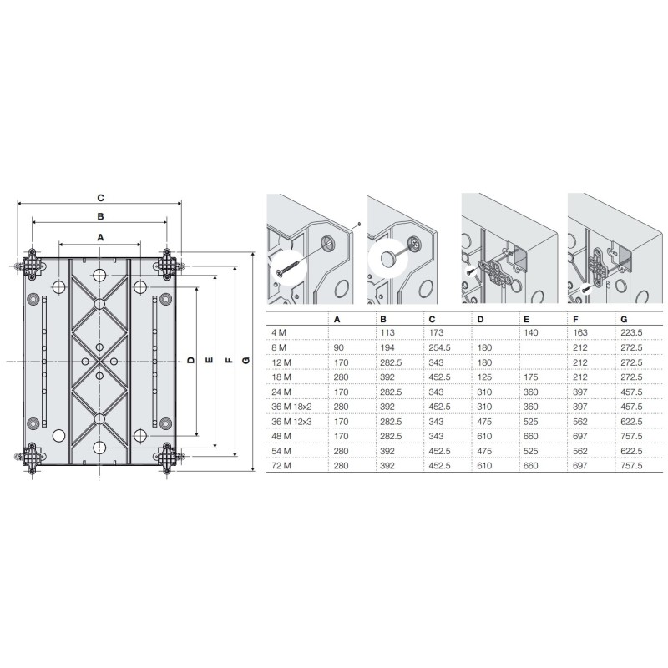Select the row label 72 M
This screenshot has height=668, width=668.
pos(279,465)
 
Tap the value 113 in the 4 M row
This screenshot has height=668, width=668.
pos(387,333)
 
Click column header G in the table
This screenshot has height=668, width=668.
pos(622,319)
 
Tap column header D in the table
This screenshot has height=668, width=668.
pos(479,319)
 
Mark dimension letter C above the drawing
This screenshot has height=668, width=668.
pos(100,198)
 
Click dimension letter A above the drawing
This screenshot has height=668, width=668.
pos(100,238)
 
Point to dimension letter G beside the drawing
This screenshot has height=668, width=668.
pos(245,361)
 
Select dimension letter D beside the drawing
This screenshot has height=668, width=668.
pos(190,361)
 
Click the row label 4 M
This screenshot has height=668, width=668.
pos(277,333)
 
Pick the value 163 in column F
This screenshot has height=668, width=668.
pos(576,333)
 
